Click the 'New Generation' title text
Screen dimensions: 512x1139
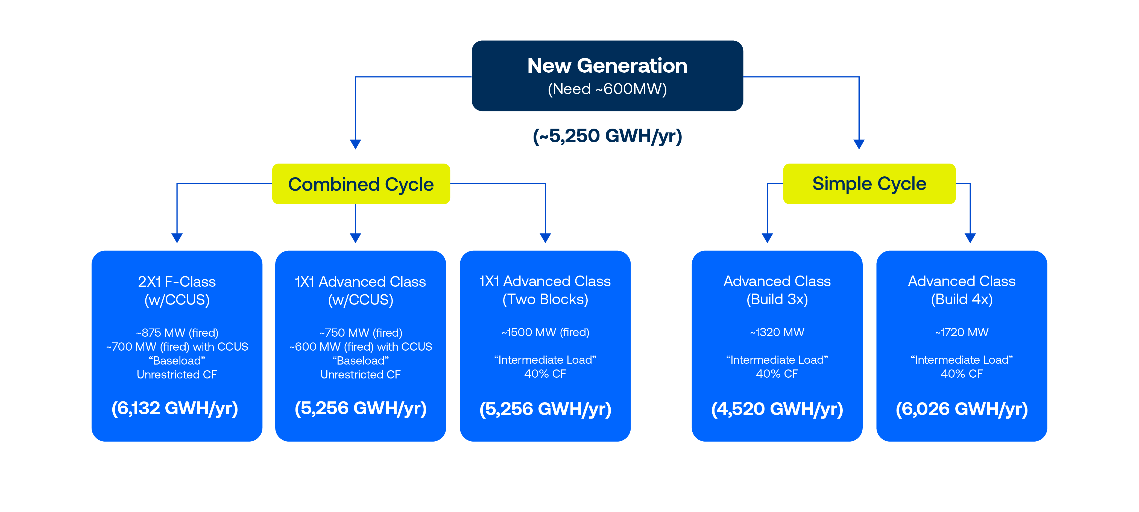click(607, 66)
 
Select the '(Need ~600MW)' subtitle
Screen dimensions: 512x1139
click(607, 89)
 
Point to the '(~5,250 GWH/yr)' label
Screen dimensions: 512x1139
click(607, 136)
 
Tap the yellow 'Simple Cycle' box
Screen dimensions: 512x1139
click(869, 184)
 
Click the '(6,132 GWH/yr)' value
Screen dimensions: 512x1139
click(175, 408)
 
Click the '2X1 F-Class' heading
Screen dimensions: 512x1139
click(177, 282)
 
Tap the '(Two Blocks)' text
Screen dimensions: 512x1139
click(545, 300)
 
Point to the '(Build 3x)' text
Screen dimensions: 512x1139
click(777, 300)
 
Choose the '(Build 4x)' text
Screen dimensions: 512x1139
click(961, 300)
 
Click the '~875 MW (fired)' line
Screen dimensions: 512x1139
click(177, 333)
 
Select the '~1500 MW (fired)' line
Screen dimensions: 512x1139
click(545, 332)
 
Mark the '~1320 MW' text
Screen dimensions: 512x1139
click(777, 332)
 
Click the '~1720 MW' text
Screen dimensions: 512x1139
click(961, 332)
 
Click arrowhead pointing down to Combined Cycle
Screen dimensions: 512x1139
click(356, 144)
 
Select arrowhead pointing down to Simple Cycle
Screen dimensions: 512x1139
click(859, 144)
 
